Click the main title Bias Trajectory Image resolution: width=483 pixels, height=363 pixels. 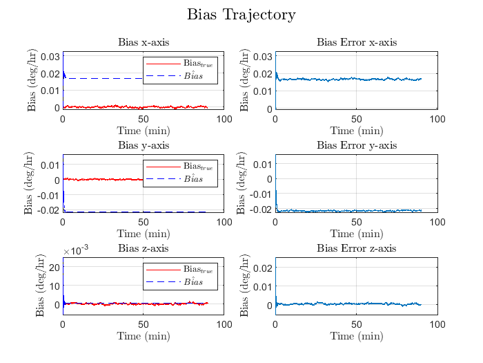pyautogui.click(x=241, y=15)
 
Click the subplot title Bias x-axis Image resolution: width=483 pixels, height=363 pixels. pyautogui.click(x=143, y=43)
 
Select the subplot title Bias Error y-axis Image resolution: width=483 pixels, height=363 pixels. pyautogui.click(x=356, y=145)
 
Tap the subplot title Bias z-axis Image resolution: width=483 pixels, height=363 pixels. pyautogui.click(x=143, y=248)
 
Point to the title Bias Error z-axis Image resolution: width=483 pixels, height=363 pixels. pyautogui.click(x=356, y=248)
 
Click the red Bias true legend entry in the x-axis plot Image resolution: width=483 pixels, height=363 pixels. pyautogui.click(x=181, y=64)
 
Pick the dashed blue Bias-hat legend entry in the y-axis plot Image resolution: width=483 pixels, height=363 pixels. pyautogui.click(x=181, y=178)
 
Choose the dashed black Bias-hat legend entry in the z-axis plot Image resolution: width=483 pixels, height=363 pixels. pyautogui.click(x=181, y=281)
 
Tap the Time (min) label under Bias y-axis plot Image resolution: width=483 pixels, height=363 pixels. pyautogui.click(x=143, y=233)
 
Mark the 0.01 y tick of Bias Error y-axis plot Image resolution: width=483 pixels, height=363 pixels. pyautogui.click(x=262, y=164)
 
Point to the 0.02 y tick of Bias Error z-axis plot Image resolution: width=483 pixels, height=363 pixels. pyautogui.click(x=262, y=267)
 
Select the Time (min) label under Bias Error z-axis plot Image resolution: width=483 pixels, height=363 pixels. pyautogui.click(x=356, y=336)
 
